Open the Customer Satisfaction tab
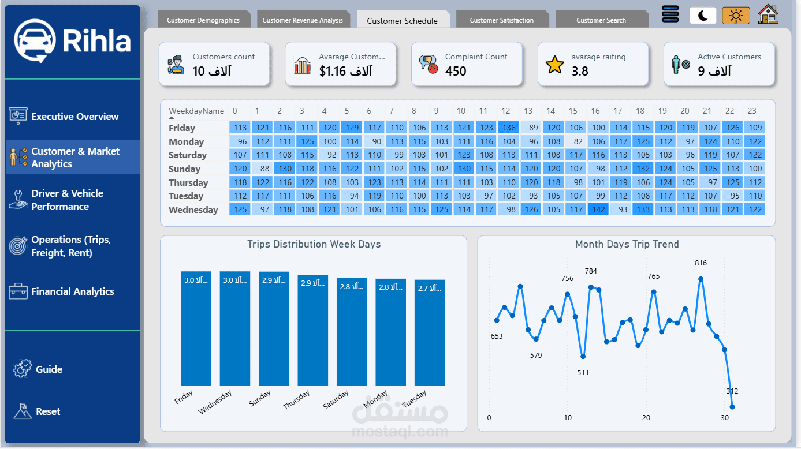coord(501,20)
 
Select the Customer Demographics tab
coord(203,20)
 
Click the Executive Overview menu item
coord(74,117)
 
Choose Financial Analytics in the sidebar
coord(72,291)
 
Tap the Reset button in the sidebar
coord(47,411)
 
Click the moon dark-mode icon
coord(702,16)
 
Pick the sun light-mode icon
coord(736,16)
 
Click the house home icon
coord(768,14)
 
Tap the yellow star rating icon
coord(554,65)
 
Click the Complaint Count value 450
coord(456,71)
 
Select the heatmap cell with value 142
coord(599,209)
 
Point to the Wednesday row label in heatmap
coord(193,210)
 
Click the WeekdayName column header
coord(196,111)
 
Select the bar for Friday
coord(196,328)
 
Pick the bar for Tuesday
coord(430,332)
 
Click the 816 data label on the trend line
coord(701,263)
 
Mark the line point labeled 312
coord(732,407)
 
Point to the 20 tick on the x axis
coord(646,418)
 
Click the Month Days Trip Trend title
coord(627,244)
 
